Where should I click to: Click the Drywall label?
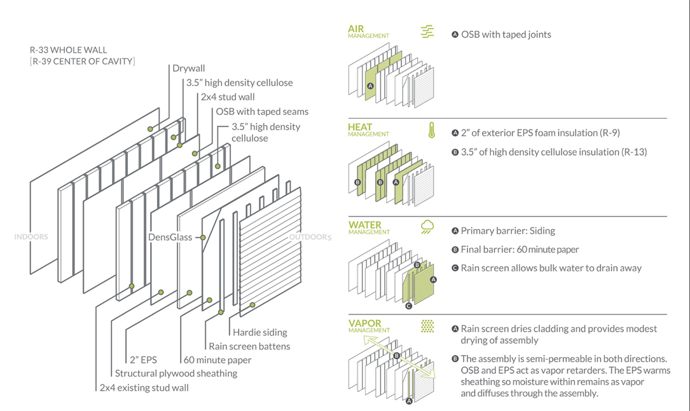[x=189, y=69]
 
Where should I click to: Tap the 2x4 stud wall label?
[x=228, y=97]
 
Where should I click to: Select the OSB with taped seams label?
[x=262, y=112]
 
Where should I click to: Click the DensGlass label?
[x=170, y=237]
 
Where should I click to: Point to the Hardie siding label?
[x=259, y=332]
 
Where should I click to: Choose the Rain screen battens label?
[x=249, y=346]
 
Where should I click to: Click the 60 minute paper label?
[x=217, y=360]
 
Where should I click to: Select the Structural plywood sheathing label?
[x=176, y=374]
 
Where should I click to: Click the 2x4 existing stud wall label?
[x=144, y=387]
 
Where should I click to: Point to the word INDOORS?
[x=31, y=237]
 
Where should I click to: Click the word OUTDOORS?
[x=310, y=238]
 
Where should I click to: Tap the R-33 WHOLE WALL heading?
[x=68, y=50]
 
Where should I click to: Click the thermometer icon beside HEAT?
[x=432, y=131]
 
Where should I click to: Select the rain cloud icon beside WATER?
[x=427, y=227]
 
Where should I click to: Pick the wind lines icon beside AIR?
[x=427, y=32]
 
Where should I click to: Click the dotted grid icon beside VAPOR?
[x=427, y=325]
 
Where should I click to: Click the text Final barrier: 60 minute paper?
[x=520, y=250]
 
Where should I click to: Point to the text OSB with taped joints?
[x=506, y=34]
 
